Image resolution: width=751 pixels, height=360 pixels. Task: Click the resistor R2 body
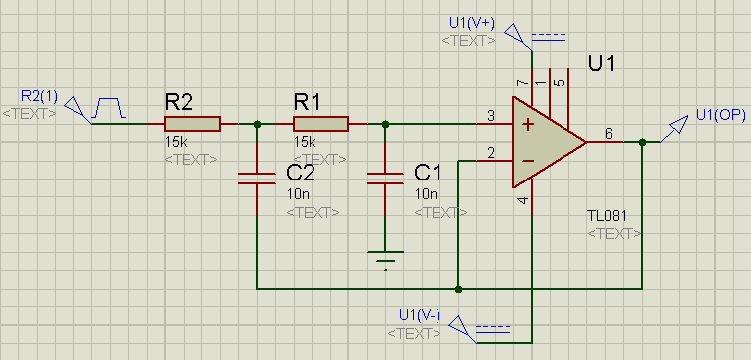pos(192,124)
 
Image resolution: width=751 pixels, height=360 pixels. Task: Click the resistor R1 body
pos(320,124)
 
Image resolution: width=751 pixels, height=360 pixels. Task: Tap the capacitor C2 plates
pos(257,179)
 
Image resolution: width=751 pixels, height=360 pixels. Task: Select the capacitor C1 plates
pos(385,179)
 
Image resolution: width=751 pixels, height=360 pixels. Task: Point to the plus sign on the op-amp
pos(528,125)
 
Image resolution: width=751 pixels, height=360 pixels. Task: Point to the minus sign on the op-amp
pos(528,161)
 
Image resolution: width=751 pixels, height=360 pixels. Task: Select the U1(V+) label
pos(472,23)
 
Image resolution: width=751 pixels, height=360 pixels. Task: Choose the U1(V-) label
pos(420,315)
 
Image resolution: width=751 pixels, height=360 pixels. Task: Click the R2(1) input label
pos(39,97)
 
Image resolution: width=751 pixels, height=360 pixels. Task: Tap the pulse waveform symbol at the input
pos(109,108)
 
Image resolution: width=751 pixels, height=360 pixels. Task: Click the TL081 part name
pos(607,216)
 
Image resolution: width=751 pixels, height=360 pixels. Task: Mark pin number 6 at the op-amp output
pos(608,134)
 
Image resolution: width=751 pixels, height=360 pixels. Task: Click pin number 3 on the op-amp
pos(490,116)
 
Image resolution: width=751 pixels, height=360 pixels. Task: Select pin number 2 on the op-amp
pos(490,153)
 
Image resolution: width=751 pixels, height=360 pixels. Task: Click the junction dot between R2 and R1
pos(257,125)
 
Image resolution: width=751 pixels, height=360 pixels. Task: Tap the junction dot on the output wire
pos(642,142)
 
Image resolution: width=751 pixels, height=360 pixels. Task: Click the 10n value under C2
pos(298,194)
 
